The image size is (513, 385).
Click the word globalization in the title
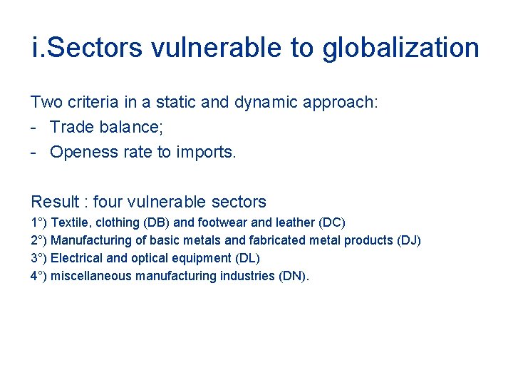[401, 48]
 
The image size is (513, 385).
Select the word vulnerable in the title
[227, 48]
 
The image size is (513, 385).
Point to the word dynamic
[271, 102]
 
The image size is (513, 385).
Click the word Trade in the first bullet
[72, 127]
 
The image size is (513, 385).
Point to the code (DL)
[247, 258]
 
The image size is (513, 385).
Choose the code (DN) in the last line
[294, 276]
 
